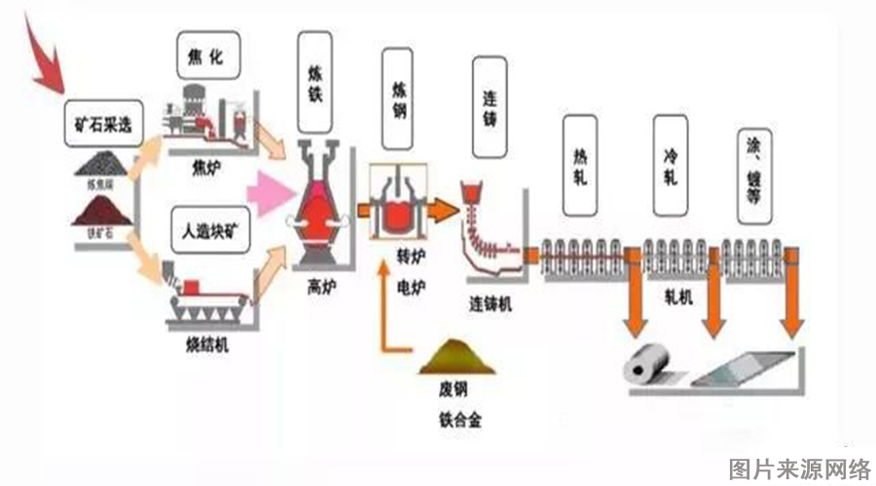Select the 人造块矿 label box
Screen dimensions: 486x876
point(208,232)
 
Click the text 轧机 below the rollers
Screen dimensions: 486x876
point(677,299)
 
